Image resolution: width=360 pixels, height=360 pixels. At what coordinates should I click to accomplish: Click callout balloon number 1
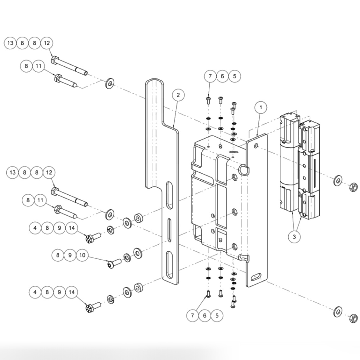261,107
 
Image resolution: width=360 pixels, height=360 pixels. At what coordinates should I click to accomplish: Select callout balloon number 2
178,95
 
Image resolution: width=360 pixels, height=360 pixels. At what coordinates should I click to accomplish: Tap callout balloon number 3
294,237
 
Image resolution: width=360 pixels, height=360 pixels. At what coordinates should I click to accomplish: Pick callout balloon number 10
82,255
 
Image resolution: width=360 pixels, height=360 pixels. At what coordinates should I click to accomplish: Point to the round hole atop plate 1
256,146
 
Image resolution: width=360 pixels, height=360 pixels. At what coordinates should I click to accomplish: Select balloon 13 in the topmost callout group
11,43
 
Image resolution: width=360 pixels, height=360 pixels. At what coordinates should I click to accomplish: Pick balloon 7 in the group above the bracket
210,76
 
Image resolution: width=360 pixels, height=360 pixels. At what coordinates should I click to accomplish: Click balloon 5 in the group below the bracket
217,315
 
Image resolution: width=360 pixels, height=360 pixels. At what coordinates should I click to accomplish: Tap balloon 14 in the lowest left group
72,292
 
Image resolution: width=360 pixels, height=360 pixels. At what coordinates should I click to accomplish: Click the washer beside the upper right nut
338,181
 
